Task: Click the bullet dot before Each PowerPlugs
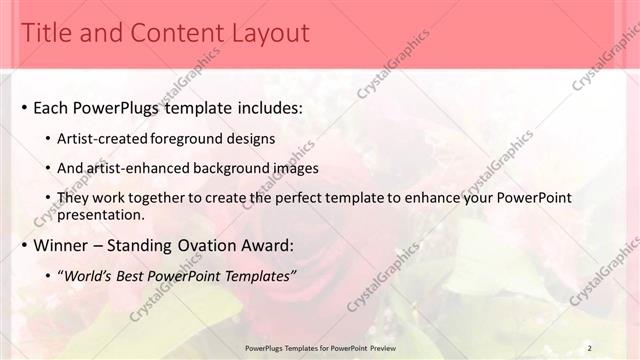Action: click(23, 108)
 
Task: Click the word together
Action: click(147, 199)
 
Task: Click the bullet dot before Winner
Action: click(23, 245)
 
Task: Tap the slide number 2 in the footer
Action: click(590, 347)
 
